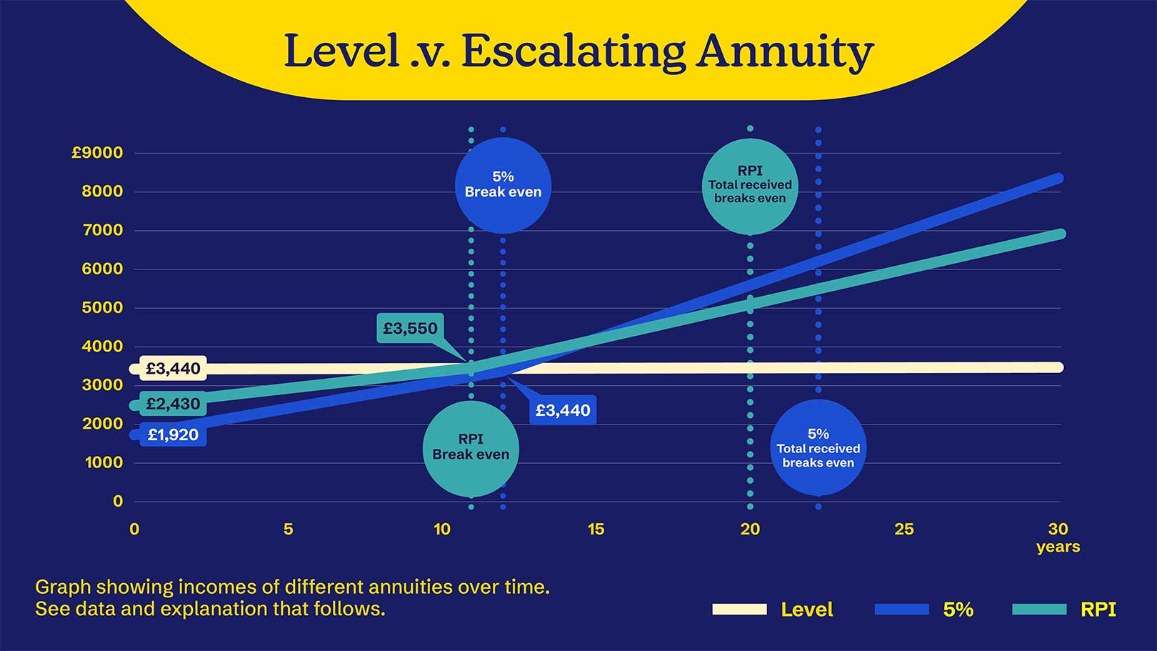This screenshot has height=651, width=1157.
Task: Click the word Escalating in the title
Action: pyautogui.click(x=573, y=51)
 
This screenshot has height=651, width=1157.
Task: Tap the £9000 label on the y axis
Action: pyautogui.click(x=97, y=152)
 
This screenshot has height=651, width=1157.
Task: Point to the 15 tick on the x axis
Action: pyautogui.click(x=596, y=530)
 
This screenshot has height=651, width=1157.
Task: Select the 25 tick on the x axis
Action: pyautogui.click(x=904, y=530)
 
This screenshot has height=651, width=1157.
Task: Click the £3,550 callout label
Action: pyautogui.click(x=410, y=329)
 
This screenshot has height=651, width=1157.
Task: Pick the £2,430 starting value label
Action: pyautogui.click(x=173, y=404)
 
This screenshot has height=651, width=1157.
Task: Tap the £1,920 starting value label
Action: pyautogui.click(x=173, y=434)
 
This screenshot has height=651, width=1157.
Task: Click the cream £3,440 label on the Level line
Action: pyautogui.click(x=173, y=369)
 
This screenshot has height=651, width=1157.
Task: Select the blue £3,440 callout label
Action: pyautogui.click(x=563, y=410)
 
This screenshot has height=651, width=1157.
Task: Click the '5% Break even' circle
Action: pyautogui.click(x=503, y=185)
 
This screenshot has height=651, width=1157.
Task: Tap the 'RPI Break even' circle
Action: pyautogui.click(x=471, y=448)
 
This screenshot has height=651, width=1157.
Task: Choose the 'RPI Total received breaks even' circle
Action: pyautogui.click(x=750, y=185)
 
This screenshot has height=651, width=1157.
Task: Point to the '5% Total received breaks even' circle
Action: pyautogui.click(x=818, y=448)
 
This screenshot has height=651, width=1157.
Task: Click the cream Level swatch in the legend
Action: pyautogui.click(x=739, y=610)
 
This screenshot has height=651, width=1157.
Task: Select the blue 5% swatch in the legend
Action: pyautogui.click(x=901, y=610)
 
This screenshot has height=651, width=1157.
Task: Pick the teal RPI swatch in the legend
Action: pyautogui.click(x=1039, y=610)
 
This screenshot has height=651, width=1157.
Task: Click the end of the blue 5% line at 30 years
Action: pyautogui.click(x=1058, y=178)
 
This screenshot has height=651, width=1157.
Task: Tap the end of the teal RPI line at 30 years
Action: pyautogui.click(x=1059, y=234)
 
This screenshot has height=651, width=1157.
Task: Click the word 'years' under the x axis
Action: pyautogui.click(x=1058, y=547)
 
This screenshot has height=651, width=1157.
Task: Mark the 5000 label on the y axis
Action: pyautogui.click(x=104, y=307)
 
